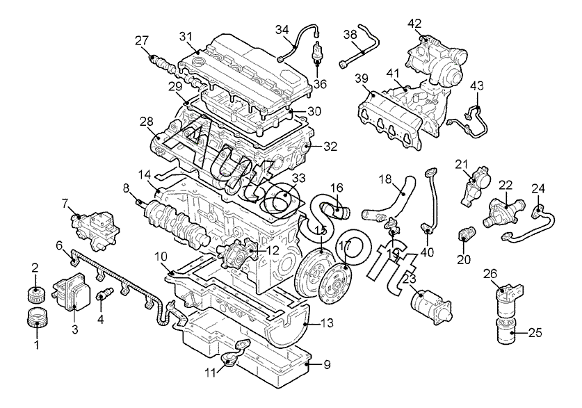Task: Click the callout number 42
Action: tap(414, 24)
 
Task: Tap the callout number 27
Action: tap(141, 40)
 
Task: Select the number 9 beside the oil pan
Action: tap(327, 365)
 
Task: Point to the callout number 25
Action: tap(535, 333)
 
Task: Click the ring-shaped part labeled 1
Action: tap(38, 318)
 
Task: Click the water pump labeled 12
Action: tap(239, 252)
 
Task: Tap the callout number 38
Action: tap(350, 34)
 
